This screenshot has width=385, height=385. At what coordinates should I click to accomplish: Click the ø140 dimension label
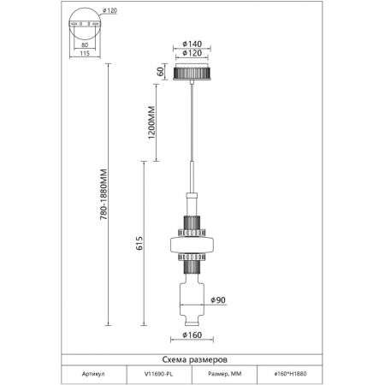click(x=192, y=44)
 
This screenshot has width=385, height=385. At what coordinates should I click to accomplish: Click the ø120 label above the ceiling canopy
click(x=192, y=53)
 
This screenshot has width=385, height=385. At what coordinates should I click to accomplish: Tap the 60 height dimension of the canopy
click(x=161, y=71)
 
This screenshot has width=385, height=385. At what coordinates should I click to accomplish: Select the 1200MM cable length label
click(x=151, y=122)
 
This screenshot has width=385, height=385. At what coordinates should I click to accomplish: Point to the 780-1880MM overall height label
click(x=104, y=194)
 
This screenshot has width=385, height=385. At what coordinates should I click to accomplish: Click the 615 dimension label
click(x=139, y=243)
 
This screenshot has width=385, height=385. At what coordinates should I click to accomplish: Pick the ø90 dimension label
click(x=218, y=300)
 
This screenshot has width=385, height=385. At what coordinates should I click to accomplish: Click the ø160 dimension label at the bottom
click(x=192, y=335)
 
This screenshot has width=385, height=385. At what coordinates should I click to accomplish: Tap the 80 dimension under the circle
click(x=85, y=44)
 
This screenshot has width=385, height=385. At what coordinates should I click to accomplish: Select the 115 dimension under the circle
click(x=85, y=53)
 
